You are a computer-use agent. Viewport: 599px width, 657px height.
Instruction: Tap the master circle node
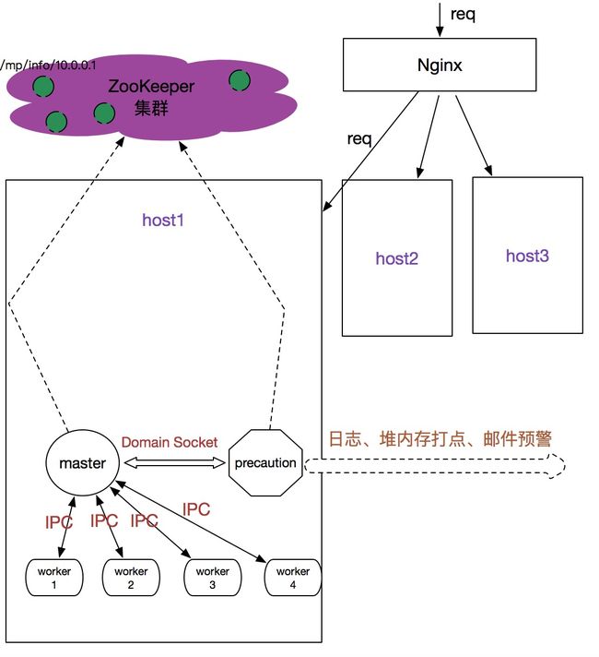tap(82, 462)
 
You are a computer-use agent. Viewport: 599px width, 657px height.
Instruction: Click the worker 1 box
tap(54, 577)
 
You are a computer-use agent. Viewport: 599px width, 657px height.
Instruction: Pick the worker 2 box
tap(131, 577)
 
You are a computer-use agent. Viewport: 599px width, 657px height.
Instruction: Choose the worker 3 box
tap(212, 577)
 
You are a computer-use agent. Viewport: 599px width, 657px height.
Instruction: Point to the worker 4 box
tap(293, 577)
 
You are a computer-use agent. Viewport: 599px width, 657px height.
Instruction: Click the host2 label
tap(397, 258)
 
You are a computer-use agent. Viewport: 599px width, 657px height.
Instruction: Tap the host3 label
tap(527, 256)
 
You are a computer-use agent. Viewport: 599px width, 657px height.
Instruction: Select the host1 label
tap(163, 220)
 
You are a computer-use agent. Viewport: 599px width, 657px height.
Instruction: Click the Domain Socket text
tap(170, 442)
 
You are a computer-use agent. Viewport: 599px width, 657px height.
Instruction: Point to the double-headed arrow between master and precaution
tap(174, 463)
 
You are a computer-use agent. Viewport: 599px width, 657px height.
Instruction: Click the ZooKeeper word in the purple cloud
tap(151, 87)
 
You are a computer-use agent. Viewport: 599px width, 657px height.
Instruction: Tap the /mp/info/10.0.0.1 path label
tap(48, 65)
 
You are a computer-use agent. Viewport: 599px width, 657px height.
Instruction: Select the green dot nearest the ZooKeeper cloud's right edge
tap(240, 80)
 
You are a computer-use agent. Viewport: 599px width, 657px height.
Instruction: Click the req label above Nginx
tap(463, 15)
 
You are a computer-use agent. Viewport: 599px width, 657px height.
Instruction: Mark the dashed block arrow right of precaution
tap(434, 465)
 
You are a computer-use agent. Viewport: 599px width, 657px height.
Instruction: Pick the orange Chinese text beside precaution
tap(440, 438)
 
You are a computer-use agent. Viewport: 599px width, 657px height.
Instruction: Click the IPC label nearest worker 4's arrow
tap(196, 509)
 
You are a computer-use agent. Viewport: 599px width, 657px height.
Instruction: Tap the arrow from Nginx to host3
tap(474, 136)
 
